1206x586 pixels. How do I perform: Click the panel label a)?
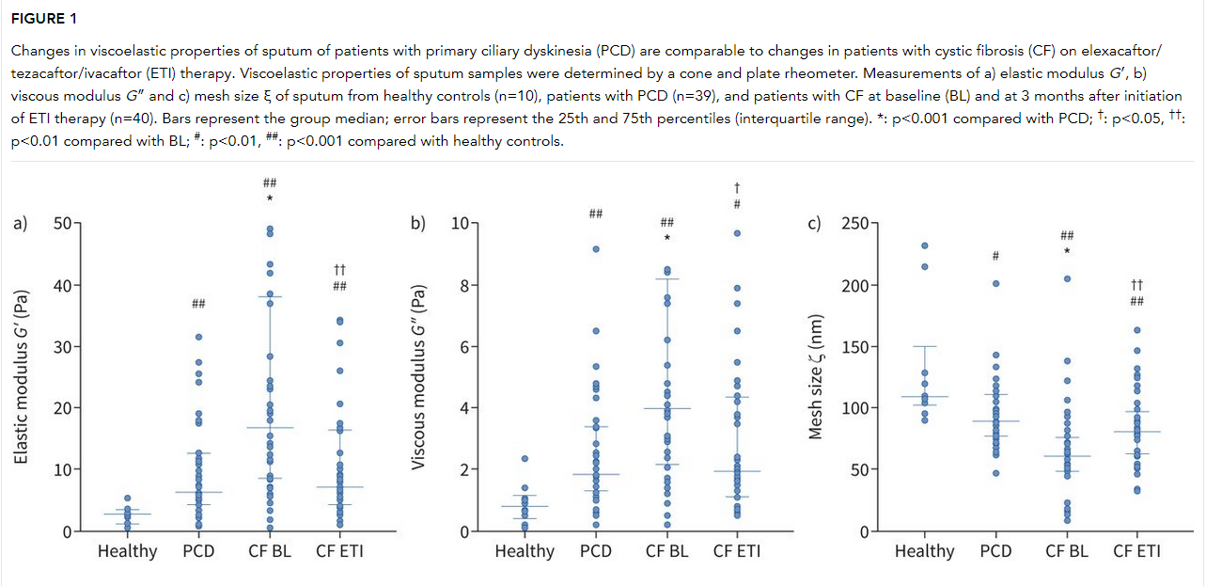click(x=21, y=224)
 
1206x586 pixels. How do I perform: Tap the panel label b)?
click(x=417, y=224)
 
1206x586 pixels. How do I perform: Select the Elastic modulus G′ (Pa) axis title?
click(x=22, y=376)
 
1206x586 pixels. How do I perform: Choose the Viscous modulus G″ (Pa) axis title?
click(x=419, y=376)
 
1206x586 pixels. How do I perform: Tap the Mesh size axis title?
click(x=816, y=376)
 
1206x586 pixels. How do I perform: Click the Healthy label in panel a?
click(x=127, y=551)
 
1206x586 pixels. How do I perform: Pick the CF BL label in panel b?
click(x=667, y=551)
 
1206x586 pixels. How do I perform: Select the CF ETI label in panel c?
click(x=1136, y=551)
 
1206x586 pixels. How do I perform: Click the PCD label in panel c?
click(x=996, y=551)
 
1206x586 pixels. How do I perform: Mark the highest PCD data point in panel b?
click(x=596, y=249)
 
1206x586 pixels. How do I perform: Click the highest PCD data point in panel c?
click(x=996, y=283)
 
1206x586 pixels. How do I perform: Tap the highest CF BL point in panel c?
click(x=1067, y=278)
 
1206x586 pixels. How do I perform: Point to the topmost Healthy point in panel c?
click(x=925, y=245)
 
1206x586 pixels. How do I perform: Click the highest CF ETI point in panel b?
click(x=738, y=233)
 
